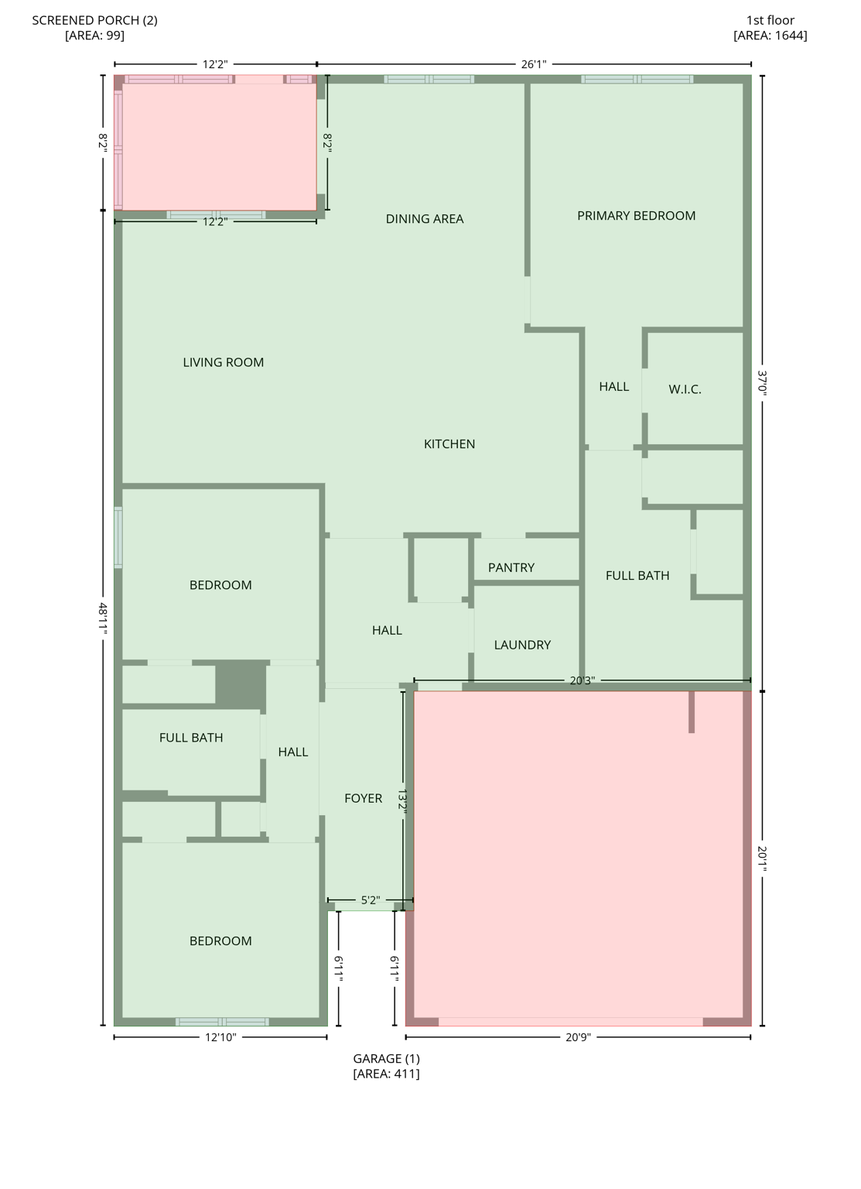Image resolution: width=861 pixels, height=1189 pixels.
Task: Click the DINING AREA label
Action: (424, 219)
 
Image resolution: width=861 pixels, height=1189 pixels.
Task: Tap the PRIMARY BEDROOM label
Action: (636, 216)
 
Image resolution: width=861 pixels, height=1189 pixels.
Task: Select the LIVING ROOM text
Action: (223, 362)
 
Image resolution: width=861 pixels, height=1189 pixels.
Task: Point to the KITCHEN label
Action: (449, 444)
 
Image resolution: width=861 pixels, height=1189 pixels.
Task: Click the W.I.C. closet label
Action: (685, 389)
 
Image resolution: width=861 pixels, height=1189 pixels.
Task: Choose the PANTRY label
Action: (511, 567)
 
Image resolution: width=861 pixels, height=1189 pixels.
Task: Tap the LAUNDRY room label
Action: (522, 645)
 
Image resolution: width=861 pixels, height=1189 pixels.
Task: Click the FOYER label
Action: (363, 798)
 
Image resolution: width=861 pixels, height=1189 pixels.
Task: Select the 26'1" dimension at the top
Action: (533, 64)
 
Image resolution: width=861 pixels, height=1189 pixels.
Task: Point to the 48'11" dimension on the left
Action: (103, 618)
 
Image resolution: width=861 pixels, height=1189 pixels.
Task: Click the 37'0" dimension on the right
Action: (762, 383)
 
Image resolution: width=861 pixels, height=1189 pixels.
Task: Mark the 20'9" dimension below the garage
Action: (577, 1037)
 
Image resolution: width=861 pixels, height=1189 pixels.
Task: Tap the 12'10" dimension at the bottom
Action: (220, 1037)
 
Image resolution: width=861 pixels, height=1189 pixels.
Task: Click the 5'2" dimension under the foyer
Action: (371, 900)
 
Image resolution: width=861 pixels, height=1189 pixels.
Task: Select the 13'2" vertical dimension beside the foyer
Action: (402, 800)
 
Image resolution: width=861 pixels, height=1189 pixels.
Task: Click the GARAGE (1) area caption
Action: (386, 1059)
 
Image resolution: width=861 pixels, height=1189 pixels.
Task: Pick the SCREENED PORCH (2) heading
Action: (94, 20)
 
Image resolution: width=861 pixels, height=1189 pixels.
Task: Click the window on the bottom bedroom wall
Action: (222, 1022)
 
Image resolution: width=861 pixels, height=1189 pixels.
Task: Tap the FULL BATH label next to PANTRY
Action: (637, 575)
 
